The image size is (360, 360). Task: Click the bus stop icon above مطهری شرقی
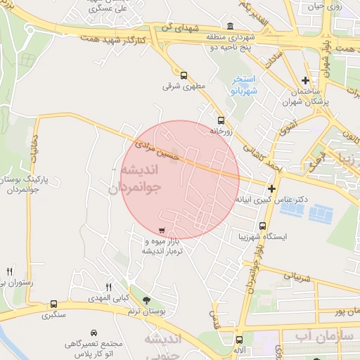pyautogui.click(x=184, y=75)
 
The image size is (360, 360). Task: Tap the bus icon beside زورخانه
pyautogui.click(x=221, y=120)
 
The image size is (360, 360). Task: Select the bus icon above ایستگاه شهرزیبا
pyautogui.click(x=262, y=226)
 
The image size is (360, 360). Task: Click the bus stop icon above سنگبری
pyautogui.click(x=53, y=304)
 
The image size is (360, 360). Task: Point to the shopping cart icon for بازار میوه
pyautogui.click(x=162, y=230)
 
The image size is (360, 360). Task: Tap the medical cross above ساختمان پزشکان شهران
pyautogui.click(x=304, y=81)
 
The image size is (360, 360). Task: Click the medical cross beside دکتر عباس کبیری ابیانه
pyautogui.click(x=271, y=188)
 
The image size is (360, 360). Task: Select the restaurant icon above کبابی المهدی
pyautogui.click(x=108, y=286)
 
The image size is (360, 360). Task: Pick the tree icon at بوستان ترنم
pyautogui.click(x=146, y=300)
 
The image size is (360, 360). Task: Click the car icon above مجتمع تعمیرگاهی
pyautogui.click(x=94, y=333)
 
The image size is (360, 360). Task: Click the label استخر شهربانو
pyautogui.click(x=245, y=85)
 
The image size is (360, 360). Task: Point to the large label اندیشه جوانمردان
pyautogui.click(x=136, y=180)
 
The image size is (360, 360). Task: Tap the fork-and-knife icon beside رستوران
pyautogui.click(x=9, y=271)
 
